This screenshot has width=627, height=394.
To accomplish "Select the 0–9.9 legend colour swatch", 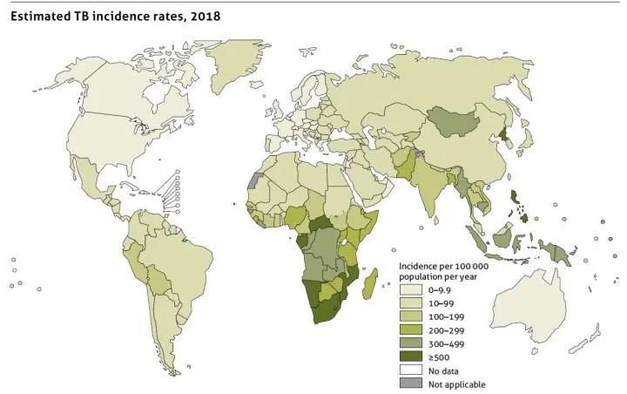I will click(x=409, y=288).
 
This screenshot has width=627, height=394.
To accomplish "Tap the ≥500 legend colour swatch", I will click(x=409, y=357).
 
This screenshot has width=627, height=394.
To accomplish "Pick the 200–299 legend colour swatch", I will click(x=409, y=329).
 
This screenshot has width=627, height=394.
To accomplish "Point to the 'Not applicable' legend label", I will click(x=456, y=384).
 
